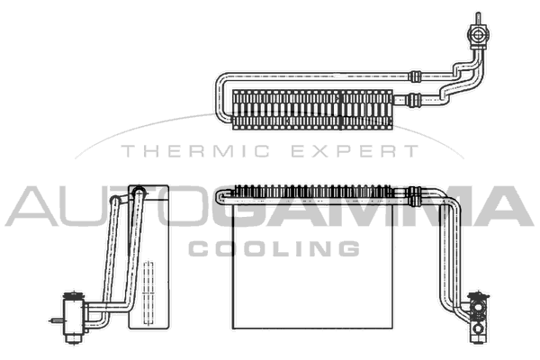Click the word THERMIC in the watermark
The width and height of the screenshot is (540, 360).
195,151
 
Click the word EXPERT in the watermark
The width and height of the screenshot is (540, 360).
355,151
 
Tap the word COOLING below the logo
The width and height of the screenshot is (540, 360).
274,248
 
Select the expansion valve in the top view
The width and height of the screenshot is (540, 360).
478,34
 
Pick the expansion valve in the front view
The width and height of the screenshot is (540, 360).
478,318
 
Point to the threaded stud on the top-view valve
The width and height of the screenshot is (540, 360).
478,18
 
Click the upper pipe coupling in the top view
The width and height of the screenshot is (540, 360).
415,76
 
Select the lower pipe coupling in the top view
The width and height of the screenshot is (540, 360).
413,100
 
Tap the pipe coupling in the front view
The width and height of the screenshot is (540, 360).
414,197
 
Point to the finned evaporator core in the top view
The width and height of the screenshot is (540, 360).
312,110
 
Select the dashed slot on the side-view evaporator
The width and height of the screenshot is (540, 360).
148,293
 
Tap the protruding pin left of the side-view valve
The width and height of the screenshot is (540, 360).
57,321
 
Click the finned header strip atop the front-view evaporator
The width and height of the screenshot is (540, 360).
313,192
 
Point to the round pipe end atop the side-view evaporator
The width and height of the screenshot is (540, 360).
139,191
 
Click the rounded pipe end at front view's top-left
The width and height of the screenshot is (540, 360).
222,197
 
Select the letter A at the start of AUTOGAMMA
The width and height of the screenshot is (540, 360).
31,206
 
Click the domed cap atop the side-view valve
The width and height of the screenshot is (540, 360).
74,295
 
